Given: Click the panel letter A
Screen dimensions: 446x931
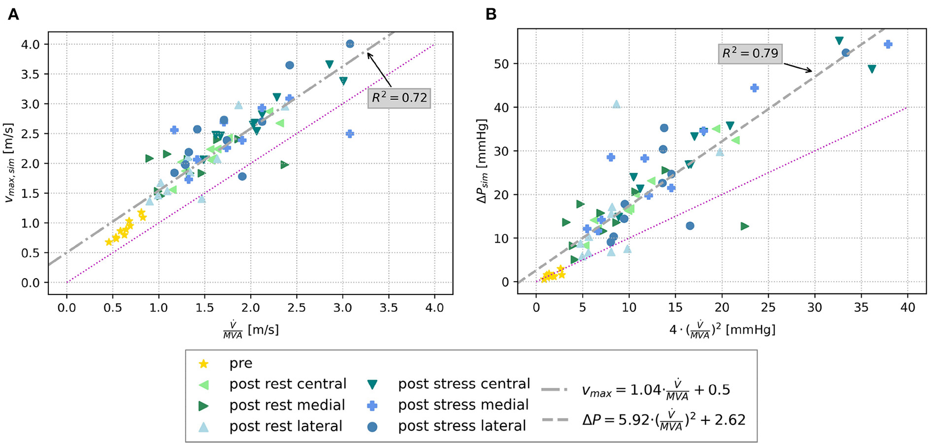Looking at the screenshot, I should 13,14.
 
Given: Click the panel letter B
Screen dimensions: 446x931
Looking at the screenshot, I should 491,14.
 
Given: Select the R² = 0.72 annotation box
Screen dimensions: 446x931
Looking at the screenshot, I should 399,98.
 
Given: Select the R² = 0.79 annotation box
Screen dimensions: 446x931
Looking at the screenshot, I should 749,53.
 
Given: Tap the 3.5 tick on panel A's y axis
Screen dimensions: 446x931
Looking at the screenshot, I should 31,75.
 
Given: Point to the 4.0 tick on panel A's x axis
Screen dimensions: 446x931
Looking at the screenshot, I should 435,307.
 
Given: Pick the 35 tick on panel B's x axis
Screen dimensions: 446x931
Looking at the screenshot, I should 861,307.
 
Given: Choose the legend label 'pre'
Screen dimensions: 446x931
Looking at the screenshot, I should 241,363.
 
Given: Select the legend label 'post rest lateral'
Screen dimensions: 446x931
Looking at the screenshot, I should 285,426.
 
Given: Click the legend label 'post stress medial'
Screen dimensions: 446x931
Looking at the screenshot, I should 463,405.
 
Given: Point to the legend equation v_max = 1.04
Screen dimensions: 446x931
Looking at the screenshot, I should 656,390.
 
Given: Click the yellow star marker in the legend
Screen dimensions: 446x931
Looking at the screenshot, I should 203,364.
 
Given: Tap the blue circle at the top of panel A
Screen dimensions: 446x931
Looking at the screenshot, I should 350,44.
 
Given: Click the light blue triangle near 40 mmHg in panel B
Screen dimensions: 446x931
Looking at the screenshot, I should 616,104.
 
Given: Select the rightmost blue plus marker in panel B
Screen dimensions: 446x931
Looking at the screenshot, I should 888,45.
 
